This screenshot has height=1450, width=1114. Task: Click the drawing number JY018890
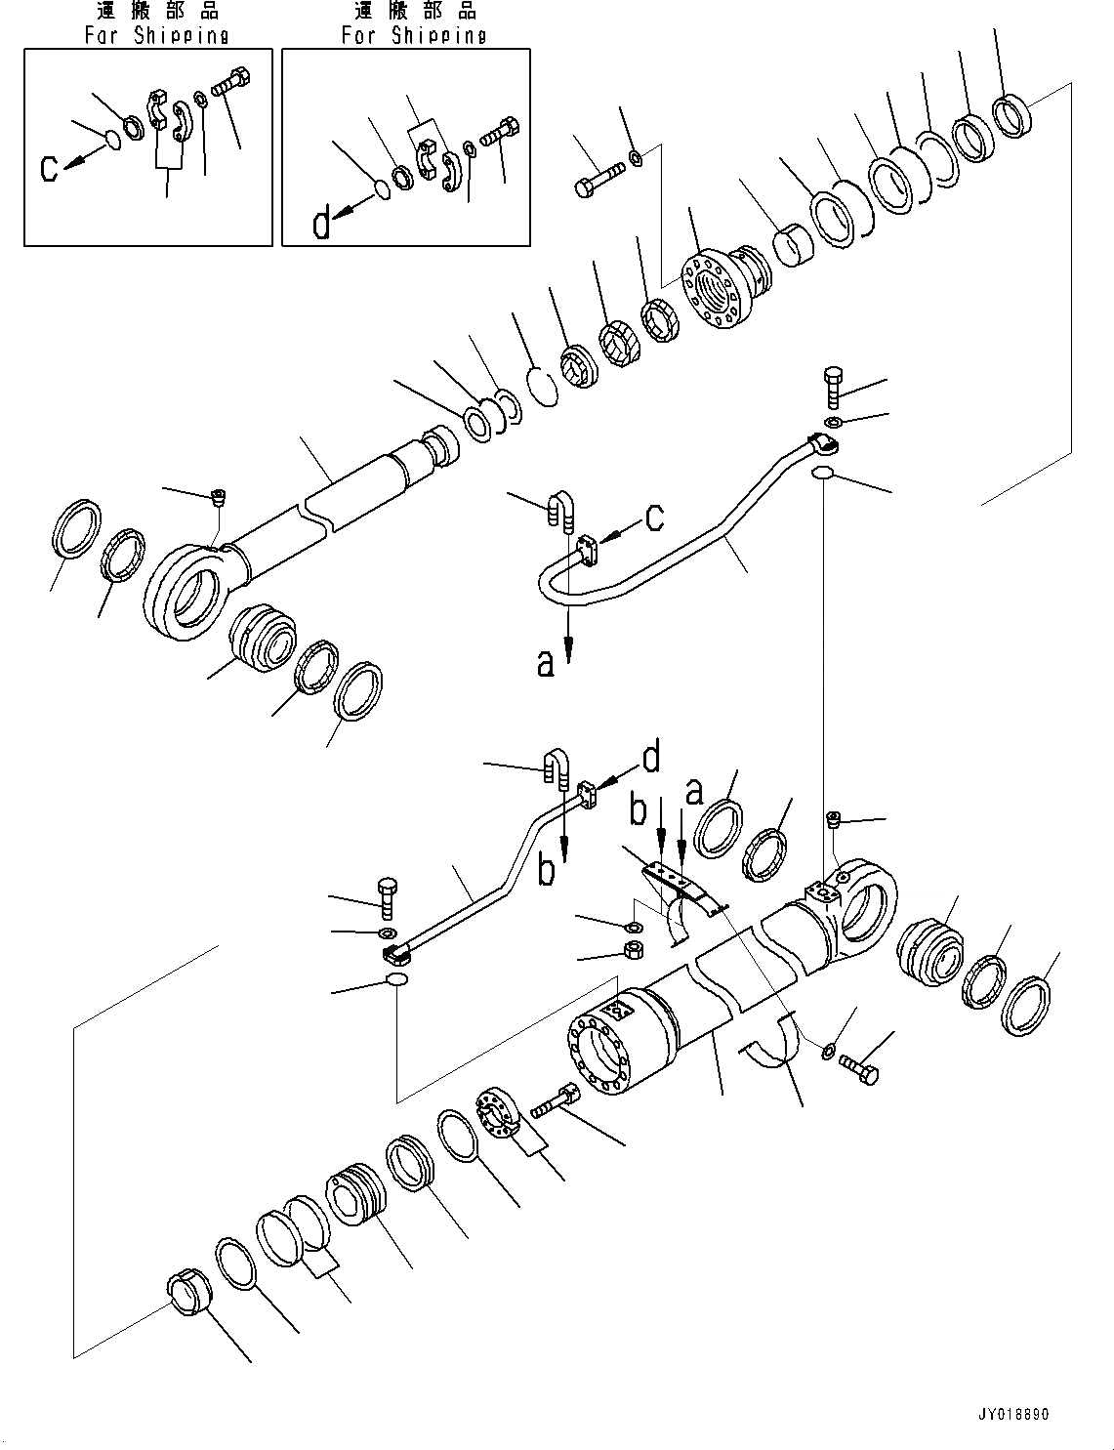[x=1010, y=1415]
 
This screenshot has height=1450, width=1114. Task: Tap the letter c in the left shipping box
[x=50, y=167]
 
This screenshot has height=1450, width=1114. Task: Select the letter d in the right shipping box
[x=322, y=225]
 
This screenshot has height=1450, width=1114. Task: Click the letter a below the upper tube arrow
[x=546, y=664]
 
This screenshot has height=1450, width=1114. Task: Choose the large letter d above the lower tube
[x=650, y=758]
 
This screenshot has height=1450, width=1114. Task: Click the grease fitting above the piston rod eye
[x=219, y=499]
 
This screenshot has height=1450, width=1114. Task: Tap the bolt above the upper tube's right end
[x=832, y=389]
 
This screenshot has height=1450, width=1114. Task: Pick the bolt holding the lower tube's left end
[x=385, y=896]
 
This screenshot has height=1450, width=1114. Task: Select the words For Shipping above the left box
[x=156, y=36]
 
